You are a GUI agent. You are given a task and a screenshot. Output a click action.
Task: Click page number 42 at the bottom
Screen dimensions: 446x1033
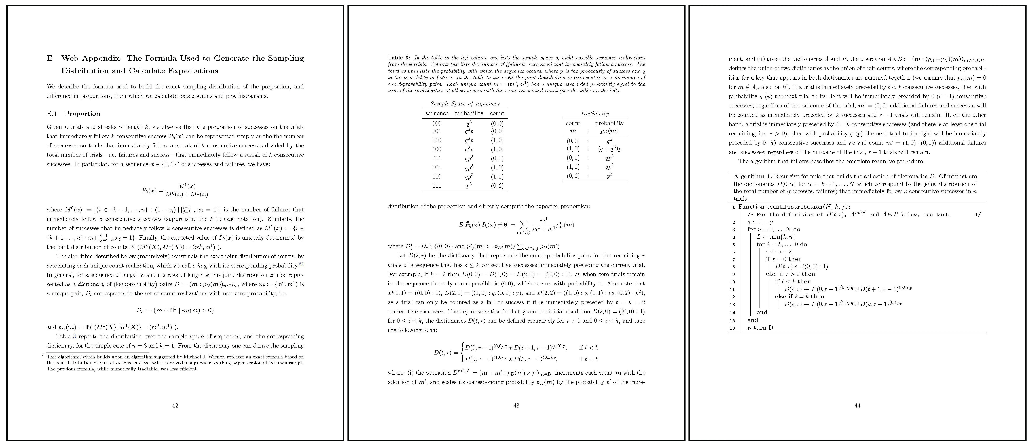(x=175, y=406)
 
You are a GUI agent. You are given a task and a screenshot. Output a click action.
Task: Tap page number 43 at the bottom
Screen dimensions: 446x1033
(x=516, y=406)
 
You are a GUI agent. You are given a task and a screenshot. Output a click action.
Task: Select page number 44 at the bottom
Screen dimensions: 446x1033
(x=857, y=406)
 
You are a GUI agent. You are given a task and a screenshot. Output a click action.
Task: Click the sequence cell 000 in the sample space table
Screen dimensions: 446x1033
(x=437, y=123)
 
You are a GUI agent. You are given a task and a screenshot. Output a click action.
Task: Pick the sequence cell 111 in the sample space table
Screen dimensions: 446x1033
(x=437, y=185)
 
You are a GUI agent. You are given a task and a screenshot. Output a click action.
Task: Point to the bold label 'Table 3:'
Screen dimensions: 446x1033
(x=399, y=58)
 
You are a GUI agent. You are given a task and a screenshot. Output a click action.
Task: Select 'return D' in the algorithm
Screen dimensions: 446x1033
(x=760, y=328)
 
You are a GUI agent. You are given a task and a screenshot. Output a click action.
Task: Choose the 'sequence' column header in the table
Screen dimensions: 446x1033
(x=437, y=113)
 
